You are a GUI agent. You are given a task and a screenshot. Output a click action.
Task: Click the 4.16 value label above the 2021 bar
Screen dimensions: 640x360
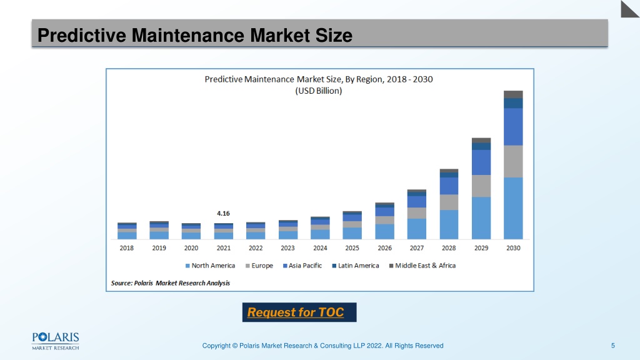(223, 214)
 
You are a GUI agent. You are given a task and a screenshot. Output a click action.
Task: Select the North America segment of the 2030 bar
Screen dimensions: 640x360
(513, 208)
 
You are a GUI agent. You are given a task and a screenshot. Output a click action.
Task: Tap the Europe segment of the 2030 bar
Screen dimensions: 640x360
(513, 162)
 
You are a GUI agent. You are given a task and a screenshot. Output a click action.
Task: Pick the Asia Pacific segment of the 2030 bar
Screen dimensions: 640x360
(513, 127)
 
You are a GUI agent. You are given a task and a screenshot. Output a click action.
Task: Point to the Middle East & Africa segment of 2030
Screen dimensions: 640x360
(513, 94)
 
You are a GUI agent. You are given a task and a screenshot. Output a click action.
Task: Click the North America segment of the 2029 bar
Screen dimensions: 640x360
(481, 218)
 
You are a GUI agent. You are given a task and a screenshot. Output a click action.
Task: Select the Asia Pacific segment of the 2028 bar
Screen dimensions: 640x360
(449, 186)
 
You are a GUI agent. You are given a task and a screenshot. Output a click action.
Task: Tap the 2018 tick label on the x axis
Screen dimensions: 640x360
(126, 247)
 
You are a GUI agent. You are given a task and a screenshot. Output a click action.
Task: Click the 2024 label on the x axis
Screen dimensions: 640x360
(320, 247)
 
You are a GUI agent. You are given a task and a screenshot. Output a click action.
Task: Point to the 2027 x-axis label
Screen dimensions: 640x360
(417, 247)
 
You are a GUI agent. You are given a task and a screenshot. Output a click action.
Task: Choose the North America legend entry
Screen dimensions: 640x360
(210, 266)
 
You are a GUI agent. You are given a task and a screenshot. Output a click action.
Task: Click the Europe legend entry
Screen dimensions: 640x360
(259, 266)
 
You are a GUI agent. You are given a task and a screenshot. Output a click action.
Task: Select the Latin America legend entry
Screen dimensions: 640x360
(356, 266)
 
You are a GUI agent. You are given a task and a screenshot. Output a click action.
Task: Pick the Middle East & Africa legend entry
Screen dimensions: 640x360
(422, 266)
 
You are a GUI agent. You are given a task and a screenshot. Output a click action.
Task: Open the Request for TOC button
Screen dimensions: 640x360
(299, 312)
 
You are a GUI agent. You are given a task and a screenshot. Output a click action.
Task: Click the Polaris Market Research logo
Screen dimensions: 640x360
(56, 341)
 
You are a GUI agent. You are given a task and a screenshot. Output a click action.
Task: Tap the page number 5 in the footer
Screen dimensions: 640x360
(612, 346)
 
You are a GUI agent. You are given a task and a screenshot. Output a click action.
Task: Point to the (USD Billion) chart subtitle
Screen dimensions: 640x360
(319, 91)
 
